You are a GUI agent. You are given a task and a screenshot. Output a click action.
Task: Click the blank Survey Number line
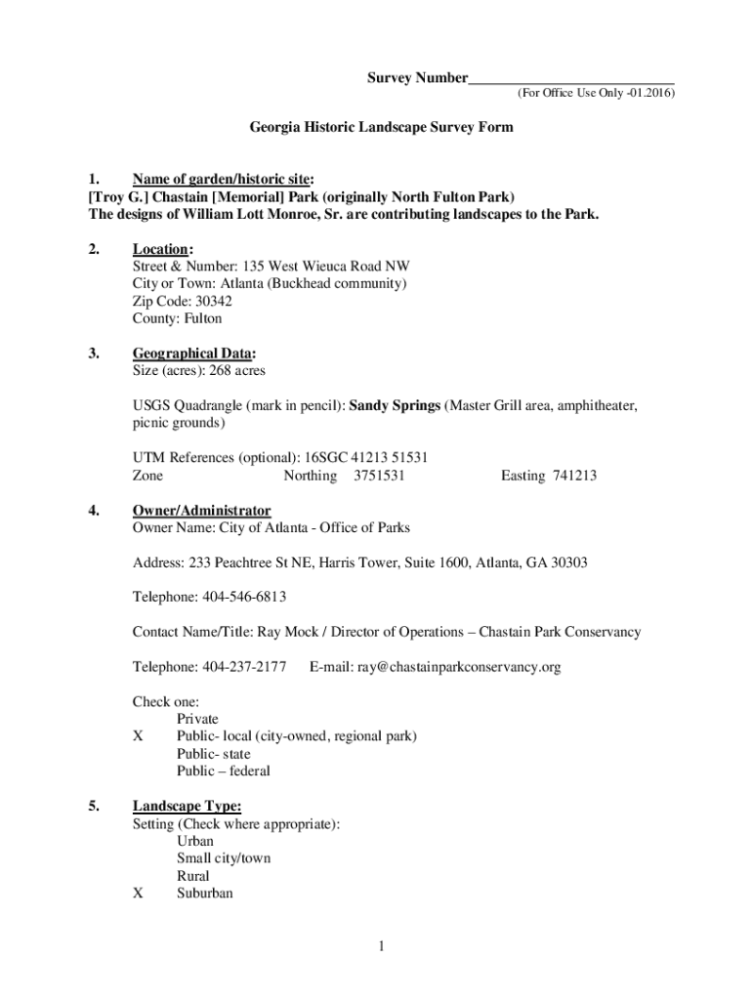click(571, 78)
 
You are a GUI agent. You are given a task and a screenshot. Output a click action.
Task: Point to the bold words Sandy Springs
click(395, 405)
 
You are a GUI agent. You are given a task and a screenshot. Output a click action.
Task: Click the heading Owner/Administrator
click(201, 511)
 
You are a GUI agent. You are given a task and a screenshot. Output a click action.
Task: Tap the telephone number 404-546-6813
click(244, 597)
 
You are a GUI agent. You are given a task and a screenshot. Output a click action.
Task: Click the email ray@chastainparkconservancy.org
click(459, 667)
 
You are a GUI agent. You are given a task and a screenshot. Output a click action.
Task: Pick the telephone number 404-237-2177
click(244, 667)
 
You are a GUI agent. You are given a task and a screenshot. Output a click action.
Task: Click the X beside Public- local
click(138, 736)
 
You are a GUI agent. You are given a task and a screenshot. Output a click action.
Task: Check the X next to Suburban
click(138, 893)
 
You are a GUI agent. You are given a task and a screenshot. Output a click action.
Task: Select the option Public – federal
click(224, 771)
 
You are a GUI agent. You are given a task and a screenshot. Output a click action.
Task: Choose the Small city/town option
click(224, 858)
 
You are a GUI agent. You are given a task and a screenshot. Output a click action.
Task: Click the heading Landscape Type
click(186, 807)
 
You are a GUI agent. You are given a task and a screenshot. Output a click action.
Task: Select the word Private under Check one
click(197, 719)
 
